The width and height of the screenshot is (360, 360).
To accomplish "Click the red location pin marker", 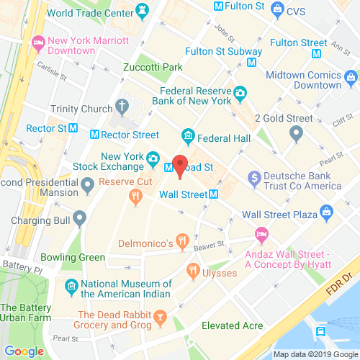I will tap(180, 163).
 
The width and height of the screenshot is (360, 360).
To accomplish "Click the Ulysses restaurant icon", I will tap(193, 270).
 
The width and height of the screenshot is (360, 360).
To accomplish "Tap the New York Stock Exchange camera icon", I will tap(153, 158).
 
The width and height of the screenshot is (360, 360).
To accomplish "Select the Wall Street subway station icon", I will tap(214, 194).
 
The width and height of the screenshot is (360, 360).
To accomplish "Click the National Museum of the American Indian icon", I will tap(71, 287).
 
